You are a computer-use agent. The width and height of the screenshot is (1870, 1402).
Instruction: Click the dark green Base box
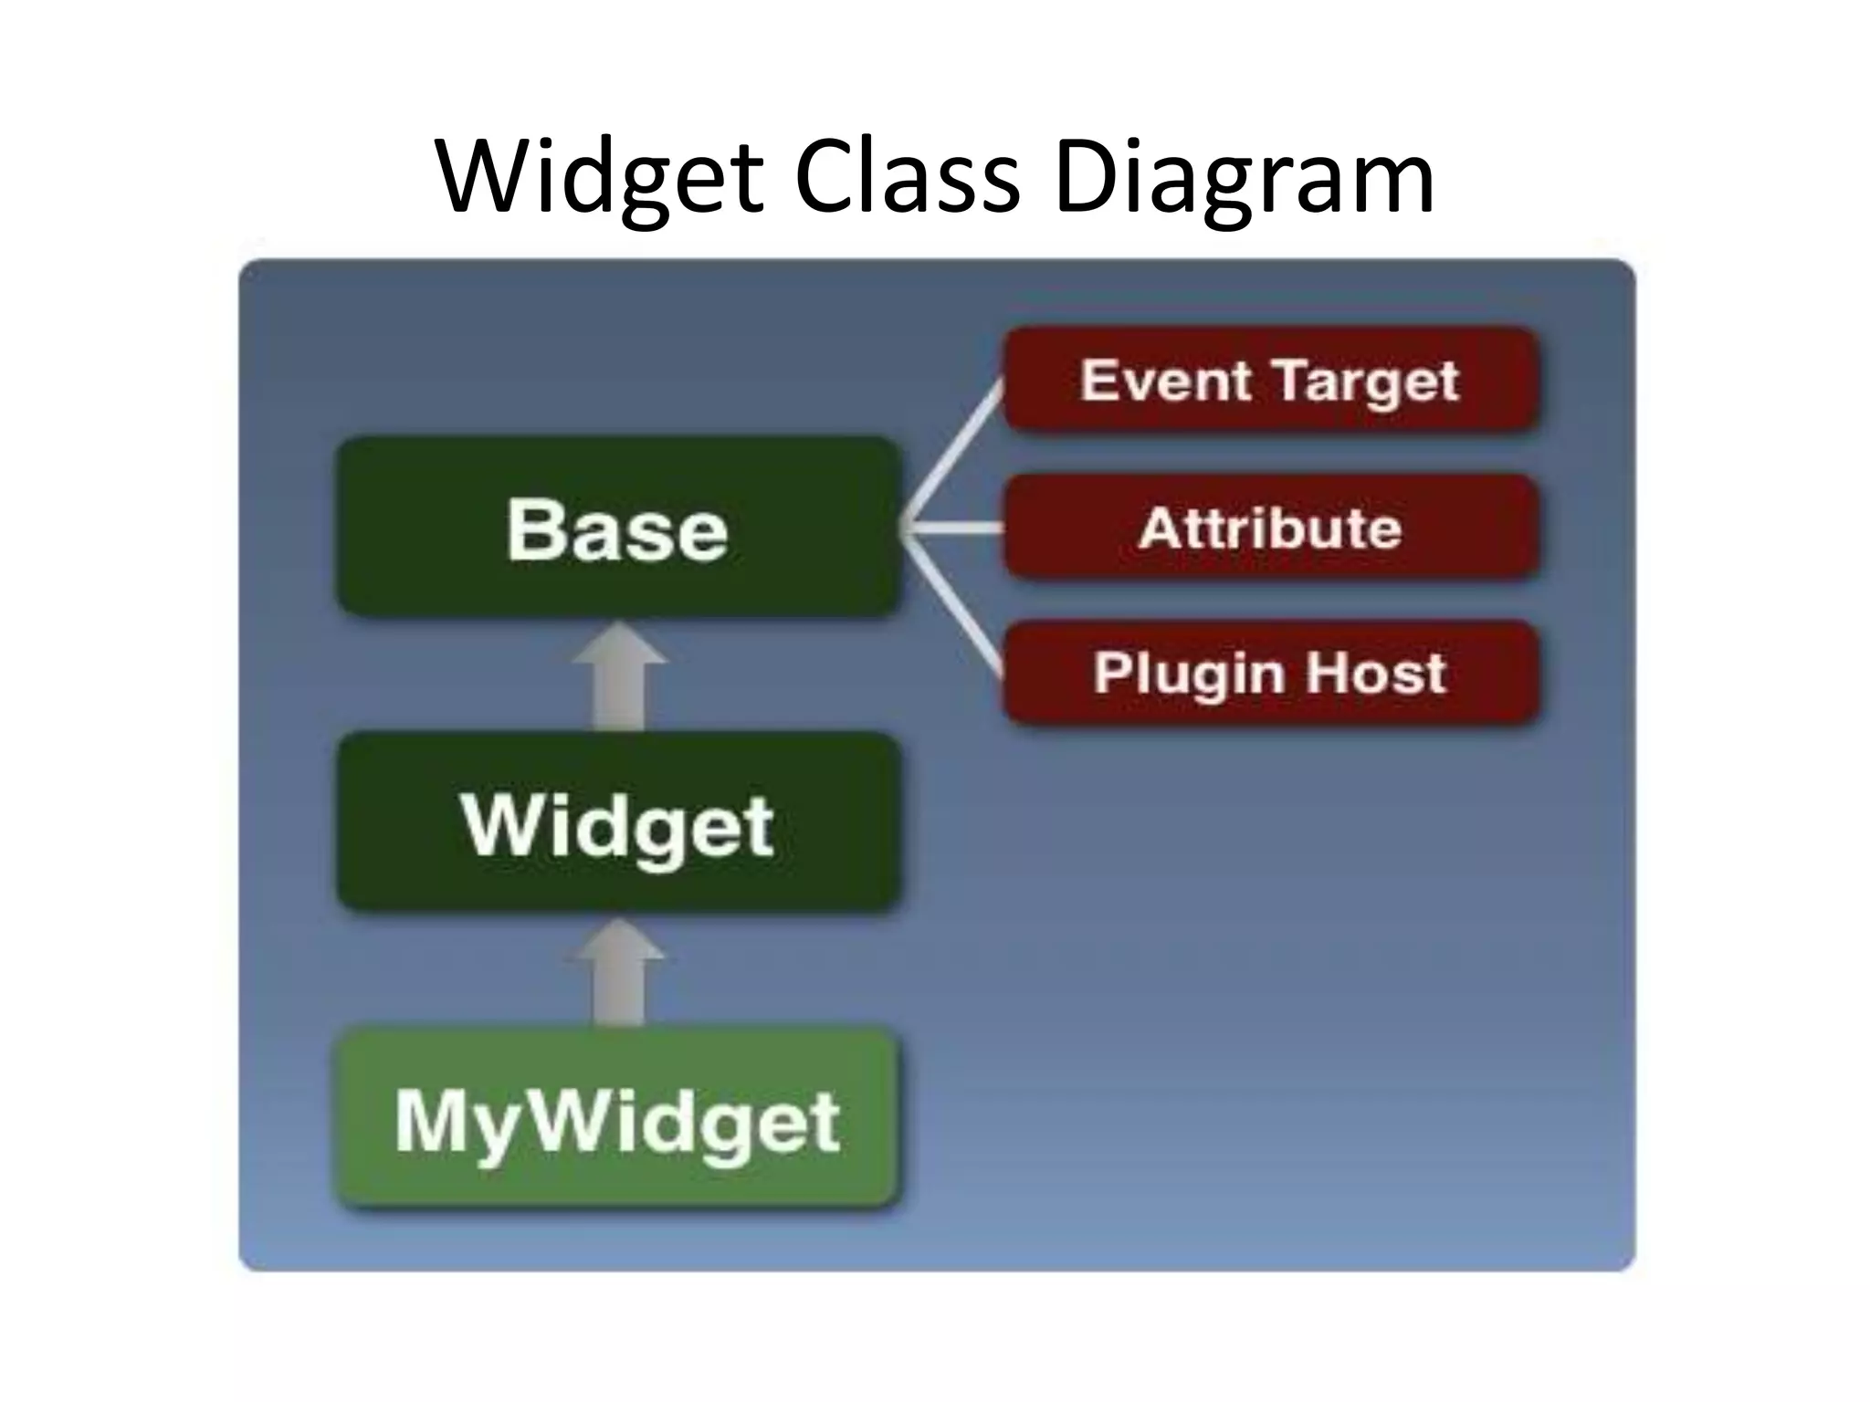618,527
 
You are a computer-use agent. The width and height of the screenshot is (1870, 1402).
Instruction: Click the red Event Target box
1270,379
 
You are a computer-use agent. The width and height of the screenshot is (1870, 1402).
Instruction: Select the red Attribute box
1270,527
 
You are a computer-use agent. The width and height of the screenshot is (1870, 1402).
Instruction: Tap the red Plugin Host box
1270,673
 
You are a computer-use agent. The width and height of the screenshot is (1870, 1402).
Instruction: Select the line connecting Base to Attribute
954,527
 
